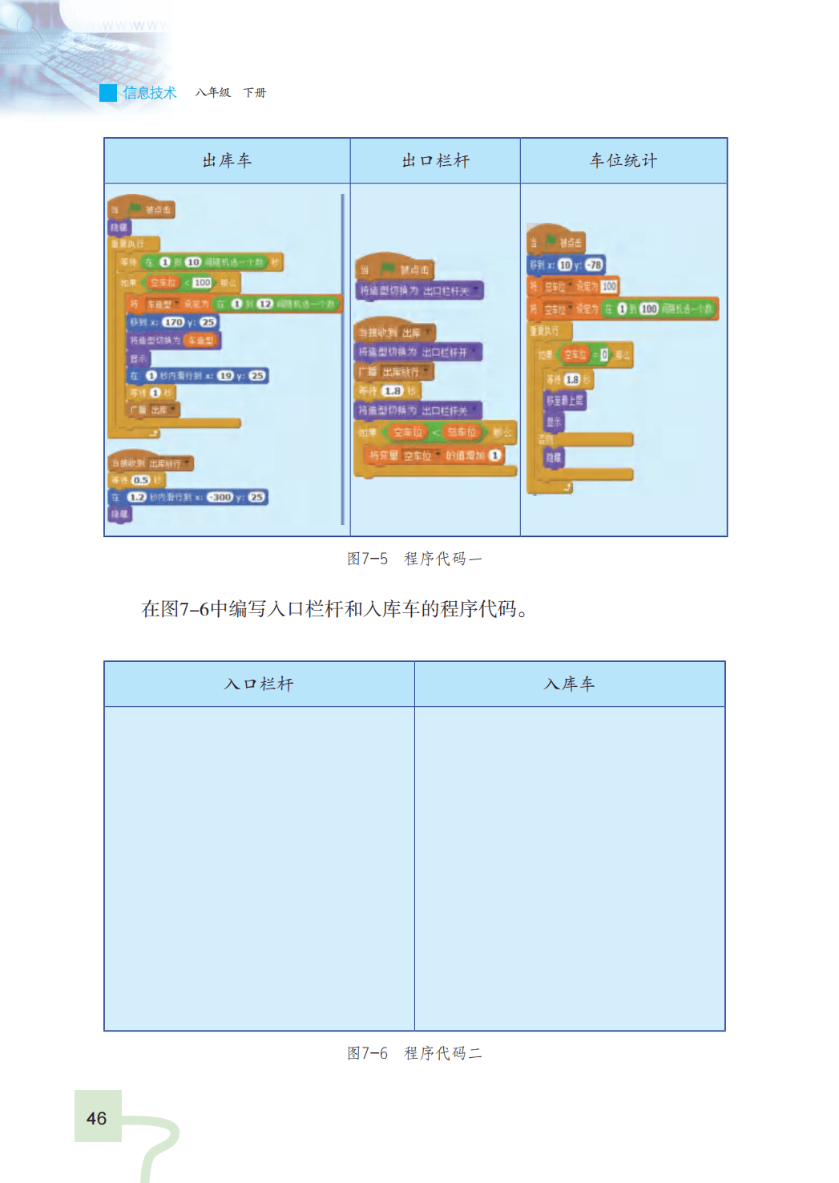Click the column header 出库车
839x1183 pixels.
pyautogui.click(x=227, y=160)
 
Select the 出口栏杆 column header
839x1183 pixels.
pyautogui.click(x=435, y=160)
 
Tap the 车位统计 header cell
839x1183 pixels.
pyautogui.click(x=623, y=160)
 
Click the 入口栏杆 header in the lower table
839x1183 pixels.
pyautogui.click(x=259, y=684)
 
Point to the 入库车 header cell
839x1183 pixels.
pyautogui.click(x=569, y=684)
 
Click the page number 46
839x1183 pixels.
pyautogui.click(x=97, y=1118)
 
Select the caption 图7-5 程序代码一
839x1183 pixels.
pyautogui.click(x=414, y=559)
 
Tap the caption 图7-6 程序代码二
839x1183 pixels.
pyautogui.click(x=414, y=1053)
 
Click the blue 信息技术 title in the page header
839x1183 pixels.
pyautogui.click(x=150, y=93)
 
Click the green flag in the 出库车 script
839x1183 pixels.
pyautogui.click(x=135, y=208)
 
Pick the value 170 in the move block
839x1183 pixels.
pyautogui.click(x=173, y=322)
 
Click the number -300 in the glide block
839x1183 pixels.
pyautogui.click(x=220, y=497)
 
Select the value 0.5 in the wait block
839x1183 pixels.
pyautogui.click(x=141, y=480)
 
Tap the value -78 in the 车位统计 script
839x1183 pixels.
pyautogui.click(x=594, y=264)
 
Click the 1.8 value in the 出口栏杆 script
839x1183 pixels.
pyautogui.click(x=392, y=391)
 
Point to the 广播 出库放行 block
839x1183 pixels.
pyautogui.click(x=393, y=372)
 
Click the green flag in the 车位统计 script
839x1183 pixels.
pyautogui.click(x=551, y=240)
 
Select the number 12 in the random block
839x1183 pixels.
pyautogui.click(x=264, y=304)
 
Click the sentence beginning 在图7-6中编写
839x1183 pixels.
pyautogui.click(x=334, y=609)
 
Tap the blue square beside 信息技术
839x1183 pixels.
pyautogui.click(x=108, y=93)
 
